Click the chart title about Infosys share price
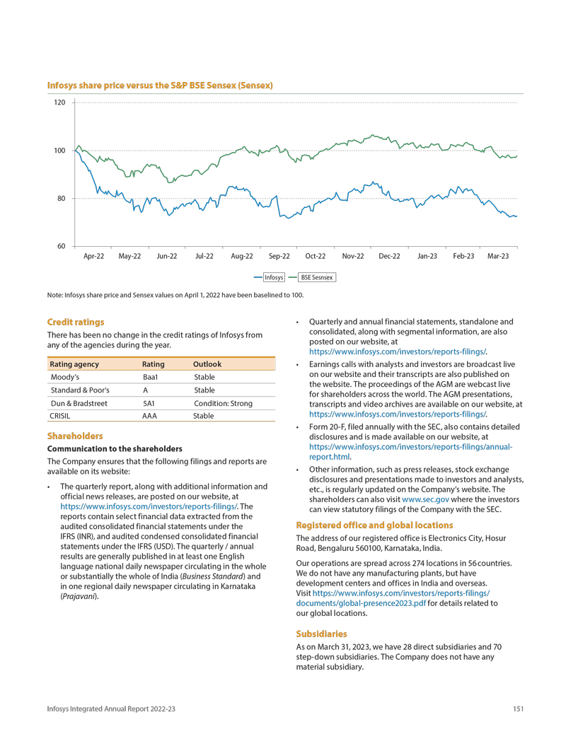click(x=160, y=86)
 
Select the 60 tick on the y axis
click(x=60, y=246)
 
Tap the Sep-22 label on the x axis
click(x=279, y=256)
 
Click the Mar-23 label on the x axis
click(x=498, y=256)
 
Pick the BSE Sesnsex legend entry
click(x=317, y=278)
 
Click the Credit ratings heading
click(x=76, y=322)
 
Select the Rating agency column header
click(x=73, y=364)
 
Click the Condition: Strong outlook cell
click(x=223, y=403)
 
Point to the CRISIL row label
click(x=59, y=416)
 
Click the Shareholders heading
click(x=75, y=436)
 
